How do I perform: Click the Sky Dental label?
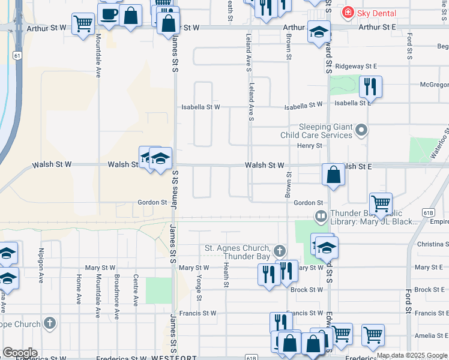(376, 12)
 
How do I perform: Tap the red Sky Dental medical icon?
(347, 11)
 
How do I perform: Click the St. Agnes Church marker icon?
(279, 250)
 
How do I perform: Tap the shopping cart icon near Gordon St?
(381, 203)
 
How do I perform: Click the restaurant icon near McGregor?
(370, 86)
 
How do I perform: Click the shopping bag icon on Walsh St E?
(333, 175)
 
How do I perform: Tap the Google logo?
(20, 353)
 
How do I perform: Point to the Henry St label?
(310, 146)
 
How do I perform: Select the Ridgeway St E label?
(356, 66)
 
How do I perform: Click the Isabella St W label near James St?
(201, 107)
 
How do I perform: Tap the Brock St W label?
(307, 290)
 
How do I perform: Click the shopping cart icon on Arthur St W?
(83, 23)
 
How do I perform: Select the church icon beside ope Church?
(50, 323)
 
